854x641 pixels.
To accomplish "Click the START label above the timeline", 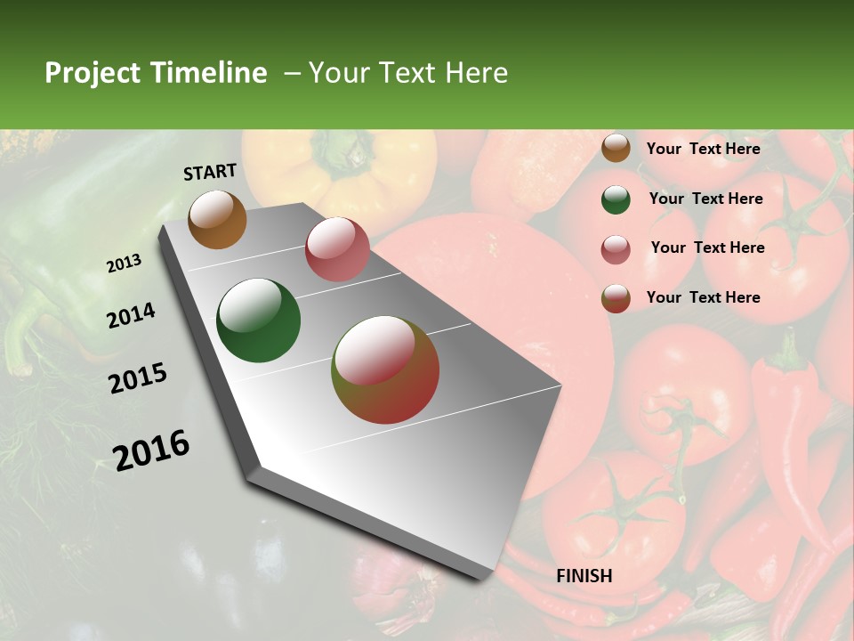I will click(x=210, y=172).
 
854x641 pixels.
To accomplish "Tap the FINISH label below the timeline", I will click(x=584, y=576).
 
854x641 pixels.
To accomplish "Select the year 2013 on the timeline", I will click(x=125, y=264).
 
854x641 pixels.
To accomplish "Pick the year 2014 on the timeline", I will click(x=131, y=315).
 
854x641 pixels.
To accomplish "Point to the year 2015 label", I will click(x=138, y=379).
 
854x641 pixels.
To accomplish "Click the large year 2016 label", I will click(x=151, y=450).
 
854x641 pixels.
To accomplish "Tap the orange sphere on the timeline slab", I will click(x=218, y=219).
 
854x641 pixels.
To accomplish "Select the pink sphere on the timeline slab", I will click(x=337, y=249).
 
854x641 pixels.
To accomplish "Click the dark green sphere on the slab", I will click(x=259, y=320).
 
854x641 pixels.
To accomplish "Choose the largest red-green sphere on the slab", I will click(x=385, y=369).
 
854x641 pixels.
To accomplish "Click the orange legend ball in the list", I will click(x=616, y=149).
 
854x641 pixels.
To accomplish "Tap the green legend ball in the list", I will click(x=616, y=199).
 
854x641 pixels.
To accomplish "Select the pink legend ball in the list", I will click(x=616, y=249).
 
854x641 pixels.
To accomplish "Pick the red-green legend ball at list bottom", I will click(x=616, y=298).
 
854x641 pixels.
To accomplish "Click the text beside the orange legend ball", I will click(x=703, y=149).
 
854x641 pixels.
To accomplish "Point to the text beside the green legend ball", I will click(x=705, y=199).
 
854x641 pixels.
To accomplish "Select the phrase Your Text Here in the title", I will click(x=408, y=73).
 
